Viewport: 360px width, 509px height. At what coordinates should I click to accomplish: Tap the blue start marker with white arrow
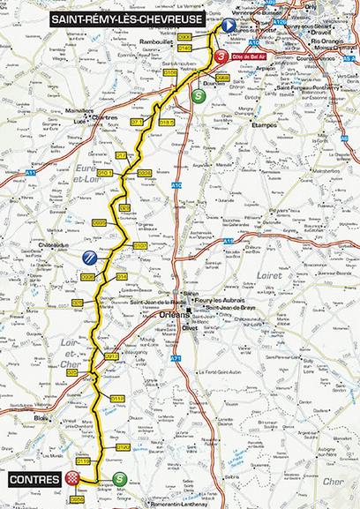click(x=229, y=26)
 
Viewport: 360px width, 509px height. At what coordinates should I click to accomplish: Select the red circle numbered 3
click(x=220, y=56)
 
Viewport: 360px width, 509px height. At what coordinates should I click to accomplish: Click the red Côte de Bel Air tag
click(x=248, y=56)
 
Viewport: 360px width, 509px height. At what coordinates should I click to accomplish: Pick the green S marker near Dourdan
click(x=198, y=97)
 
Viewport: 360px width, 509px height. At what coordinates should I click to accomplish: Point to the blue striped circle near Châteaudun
click(x=90, y=257)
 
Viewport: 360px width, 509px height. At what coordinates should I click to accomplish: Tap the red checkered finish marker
click(x=76, y=479)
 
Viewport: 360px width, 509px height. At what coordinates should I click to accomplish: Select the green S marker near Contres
click(x=119, y=479)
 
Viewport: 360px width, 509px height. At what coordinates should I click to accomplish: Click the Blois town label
click(x=41, y=415)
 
